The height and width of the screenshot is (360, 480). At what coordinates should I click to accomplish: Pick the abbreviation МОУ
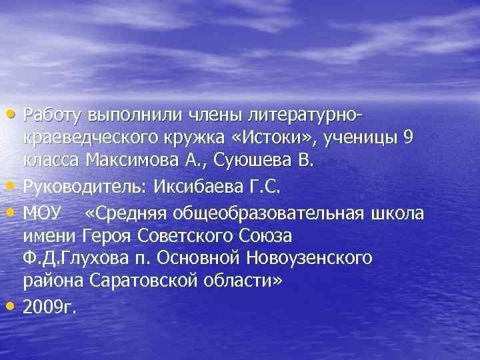click(x=41, y=213)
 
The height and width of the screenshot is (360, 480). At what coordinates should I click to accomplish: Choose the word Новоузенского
click(x=319, y=257)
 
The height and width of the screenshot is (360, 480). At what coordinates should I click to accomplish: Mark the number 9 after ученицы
click(x=408, y=137)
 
